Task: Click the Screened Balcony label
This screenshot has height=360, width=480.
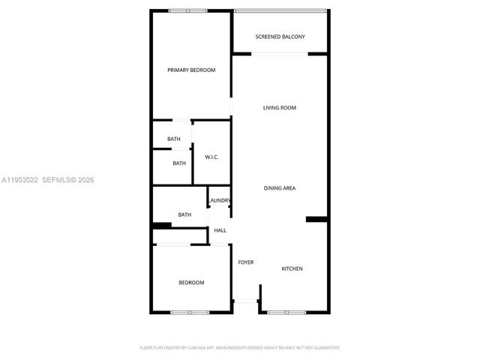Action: (279, 37)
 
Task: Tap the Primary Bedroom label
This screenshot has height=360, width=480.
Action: (191, 70)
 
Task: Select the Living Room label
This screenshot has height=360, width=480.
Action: (279, 108)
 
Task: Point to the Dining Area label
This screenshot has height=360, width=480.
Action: (279, 188)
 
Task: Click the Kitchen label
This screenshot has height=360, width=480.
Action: (292, 268)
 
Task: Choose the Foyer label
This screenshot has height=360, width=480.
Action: (246, 262)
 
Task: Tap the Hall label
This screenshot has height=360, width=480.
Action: (220, 230)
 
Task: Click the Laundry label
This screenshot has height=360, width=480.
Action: (220, 200)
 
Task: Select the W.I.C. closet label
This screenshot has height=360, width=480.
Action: (211, 157)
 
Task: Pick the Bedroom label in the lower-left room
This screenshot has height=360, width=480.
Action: (190, 283)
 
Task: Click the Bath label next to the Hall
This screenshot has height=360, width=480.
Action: (184, 215)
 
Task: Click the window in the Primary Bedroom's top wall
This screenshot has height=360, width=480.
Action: (187, 10)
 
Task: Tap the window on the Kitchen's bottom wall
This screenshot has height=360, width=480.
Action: (286, 312)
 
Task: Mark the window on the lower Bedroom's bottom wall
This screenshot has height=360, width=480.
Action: (189, 312)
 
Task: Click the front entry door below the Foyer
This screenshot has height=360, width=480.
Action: (245, 301)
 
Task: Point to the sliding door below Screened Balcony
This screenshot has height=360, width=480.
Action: (279, 53)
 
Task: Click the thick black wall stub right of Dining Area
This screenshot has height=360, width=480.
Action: (316, 219)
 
